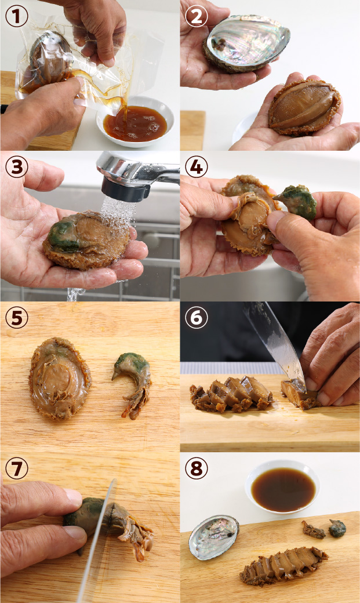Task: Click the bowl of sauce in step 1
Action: point(135,123)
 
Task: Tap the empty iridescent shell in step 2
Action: point(246,43)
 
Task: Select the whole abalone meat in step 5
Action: point(60,378)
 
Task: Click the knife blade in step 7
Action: point(98,539)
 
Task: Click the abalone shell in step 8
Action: point(214,537)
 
